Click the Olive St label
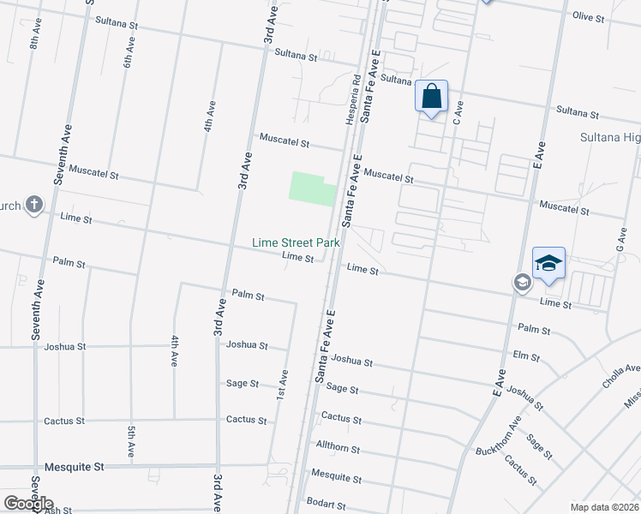coord(589,16)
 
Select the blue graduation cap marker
coord(548,263)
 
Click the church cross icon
coord(33,206)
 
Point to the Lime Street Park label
coord(296,243)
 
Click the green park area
coord(311,188)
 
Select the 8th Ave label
coord(36,35)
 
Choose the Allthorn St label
coord(338,449)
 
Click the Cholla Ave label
coord(621,375)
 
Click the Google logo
coord(29,504)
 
